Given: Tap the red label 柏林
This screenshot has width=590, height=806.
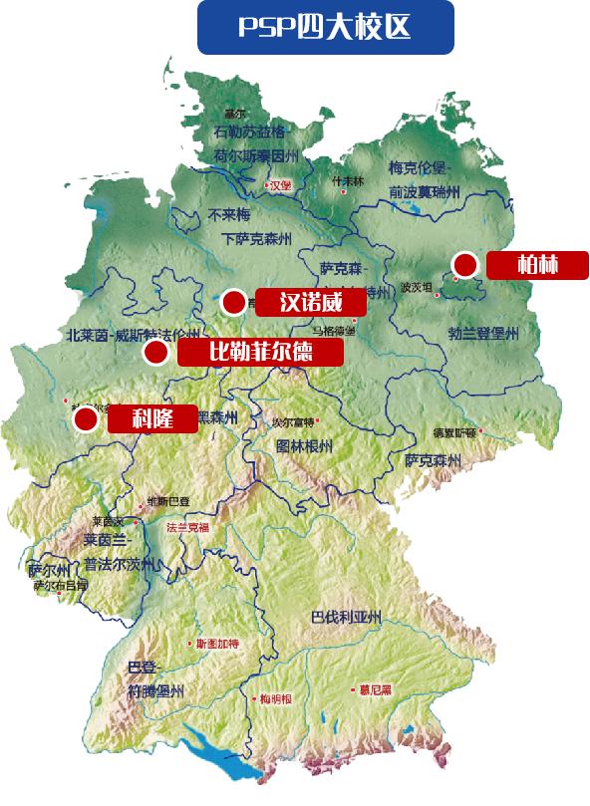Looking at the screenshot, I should pos(537,265).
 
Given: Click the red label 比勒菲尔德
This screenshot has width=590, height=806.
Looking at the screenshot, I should pos(260,352).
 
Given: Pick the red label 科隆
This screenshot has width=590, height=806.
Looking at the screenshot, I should pos(151,419).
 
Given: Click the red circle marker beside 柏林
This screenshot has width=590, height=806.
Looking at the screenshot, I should pos(463,264).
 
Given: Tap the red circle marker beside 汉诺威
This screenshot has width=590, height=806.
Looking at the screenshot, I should pos(233,301).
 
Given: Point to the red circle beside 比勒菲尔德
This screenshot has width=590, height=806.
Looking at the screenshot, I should pos(154,352).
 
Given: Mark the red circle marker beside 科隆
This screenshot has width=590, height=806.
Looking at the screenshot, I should pos(86,419).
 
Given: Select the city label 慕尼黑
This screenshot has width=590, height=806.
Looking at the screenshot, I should pos(378,688).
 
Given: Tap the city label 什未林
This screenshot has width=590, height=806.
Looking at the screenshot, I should pos(348,181).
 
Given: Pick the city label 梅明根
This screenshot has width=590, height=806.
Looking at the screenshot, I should pos(275,698).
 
